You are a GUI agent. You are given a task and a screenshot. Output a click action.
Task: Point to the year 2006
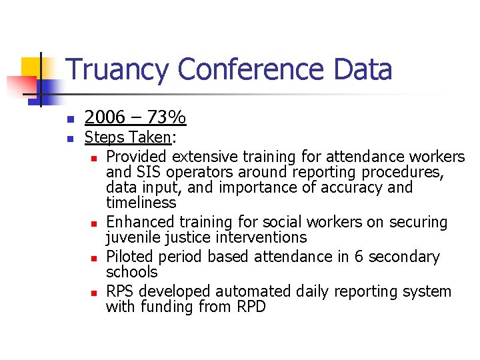(105, 118)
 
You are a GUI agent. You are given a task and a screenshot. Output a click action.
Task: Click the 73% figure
(167, 118)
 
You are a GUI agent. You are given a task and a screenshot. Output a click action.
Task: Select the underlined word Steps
(105, 138)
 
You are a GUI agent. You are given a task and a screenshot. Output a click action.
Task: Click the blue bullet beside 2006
(69, 119)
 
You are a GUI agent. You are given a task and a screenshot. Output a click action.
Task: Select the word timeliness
(141, 203)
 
